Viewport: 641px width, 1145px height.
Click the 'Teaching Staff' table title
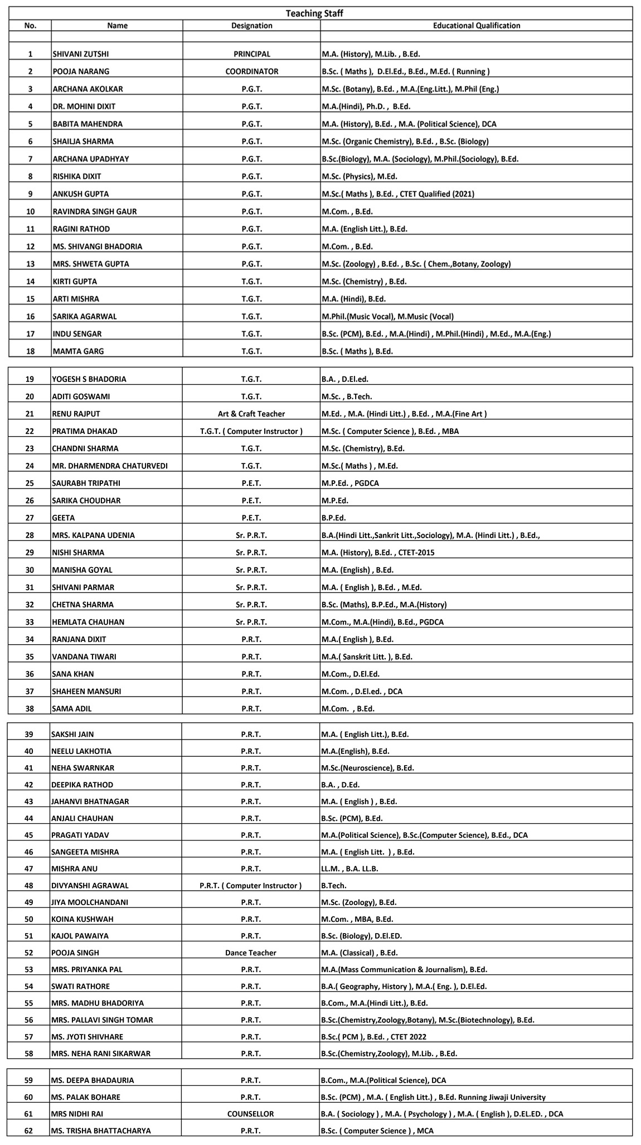[314, 13]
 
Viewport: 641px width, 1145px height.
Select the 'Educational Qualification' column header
[477, 26]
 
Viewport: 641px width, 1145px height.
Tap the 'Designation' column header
[252, 26]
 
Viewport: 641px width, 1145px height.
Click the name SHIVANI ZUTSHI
[80, 54]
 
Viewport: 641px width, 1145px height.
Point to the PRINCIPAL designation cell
[252, 54]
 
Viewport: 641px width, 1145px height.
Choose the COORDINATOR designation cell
[252, 71]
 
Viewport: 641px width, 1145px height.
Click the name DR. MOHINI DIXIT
[84, 106]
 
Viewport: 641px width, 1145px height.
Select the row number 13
[30, 264]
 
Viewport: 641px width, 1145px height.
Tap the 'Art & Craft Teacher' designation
[251, 414]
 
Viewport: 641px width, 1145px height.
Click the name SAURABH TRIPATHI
[86, 483]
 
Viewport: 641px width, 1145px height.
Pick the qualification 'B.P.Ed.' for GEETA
[334, 518]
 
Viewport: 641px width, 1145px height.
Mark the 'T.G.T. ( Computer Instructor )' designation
[251, 431]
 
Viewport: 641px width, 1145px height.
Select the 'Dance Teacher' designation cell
[251, 953]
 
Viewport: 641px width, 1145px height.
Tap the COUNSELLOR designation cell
[251, 1114]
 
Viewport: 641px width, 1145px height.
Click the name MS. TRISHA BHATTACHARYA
[101, 1130]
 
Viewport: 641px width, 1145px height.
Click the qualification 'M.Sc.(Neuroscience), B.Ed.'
[368, 768]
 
